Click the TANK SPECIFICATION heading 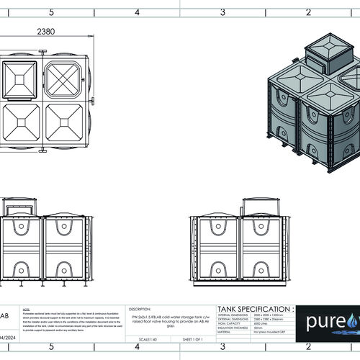[x=251, y=307]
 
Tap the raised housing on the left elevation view [x=19, y=208]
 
